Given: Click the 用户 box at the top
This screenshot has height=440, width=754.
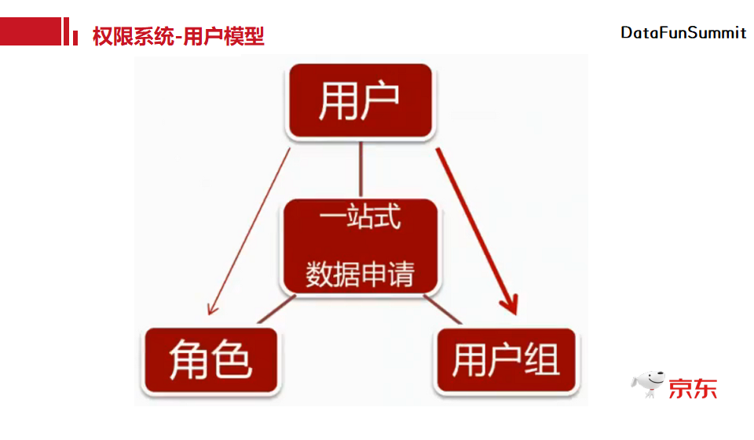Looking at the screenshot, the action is click(361, 101).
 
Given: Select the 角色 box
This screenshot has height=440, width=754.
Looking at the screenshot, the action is click(211, 361).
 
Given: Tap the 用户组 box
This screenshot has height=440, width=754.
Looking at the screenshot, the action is click(506, 361).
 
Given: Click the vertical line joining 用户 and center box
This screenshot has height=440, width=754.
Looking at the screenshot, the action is click(361, 169).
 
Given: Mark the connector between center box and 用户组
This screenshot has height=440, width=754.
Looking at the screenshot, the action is click(443, 309).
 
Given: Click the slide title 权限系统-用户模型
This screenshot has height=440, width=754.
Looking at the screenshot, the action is click(178, 36).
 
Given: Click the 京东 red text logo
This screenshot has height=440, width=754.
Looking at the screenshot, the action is click(693, 387).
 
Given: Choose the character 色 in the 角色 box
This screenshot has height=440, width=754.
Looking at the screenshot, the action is click(232, 362).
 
